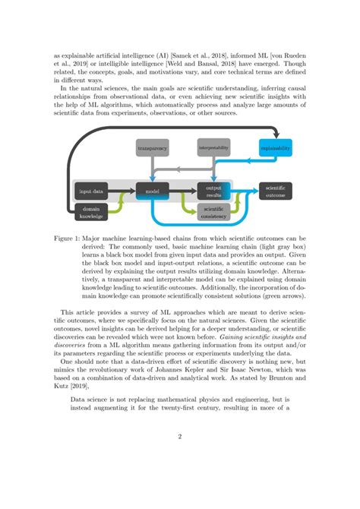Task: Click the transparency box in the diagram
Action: tap(153, 149)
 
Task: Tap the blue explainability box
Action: tap(275, 149)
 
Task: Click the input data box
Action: tap(92, 191)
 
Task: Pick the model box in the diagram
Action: tap(153, 191)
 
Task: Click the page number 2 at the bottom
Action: tap(180, 437)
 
